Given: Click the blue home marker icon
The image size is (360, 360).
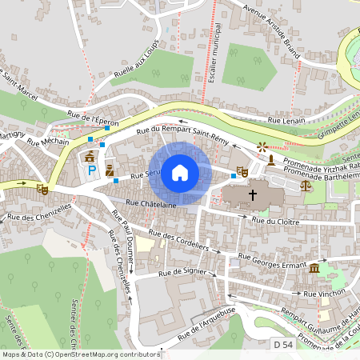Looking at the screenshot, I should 180,172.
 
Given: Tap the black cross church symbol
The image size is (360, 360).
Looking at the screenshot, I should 254,194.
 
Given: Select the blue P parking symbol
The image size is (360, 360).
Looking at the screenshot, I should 91,170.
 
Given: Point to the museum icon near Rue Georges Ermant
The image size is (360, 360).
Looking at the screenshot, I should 314,268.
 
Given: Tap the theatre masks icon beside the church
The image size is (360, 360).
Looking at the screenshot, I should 242,170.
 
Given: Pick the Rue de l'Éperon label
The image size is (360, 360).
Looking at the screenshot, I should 94,120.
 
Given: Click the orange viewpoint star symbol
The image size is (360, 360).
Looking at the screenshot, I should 262,147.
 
